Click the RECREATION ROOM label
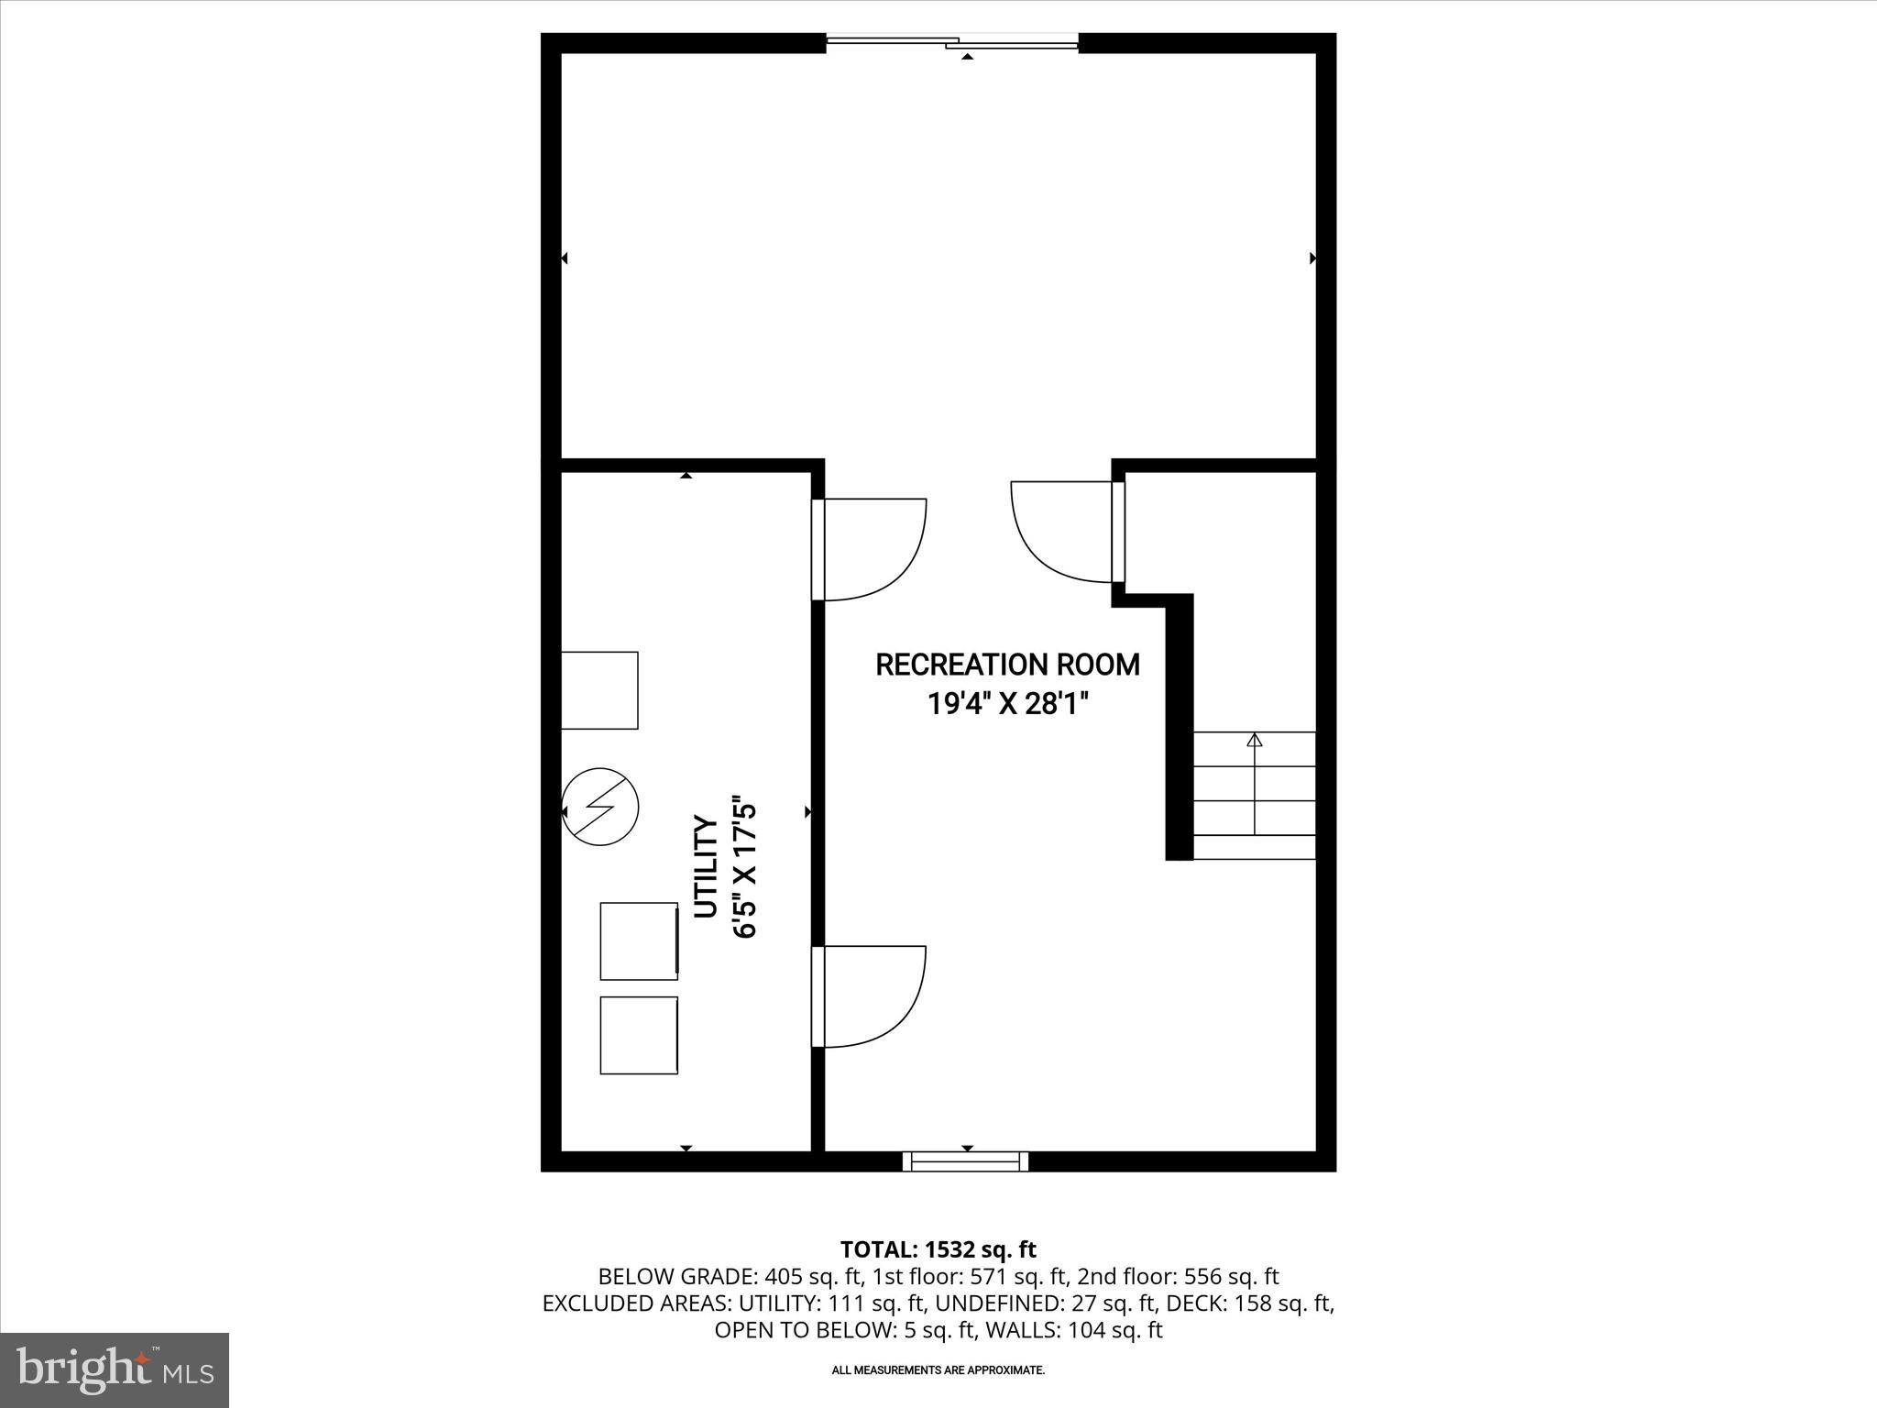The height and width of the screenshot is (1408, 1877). coord(1007,665)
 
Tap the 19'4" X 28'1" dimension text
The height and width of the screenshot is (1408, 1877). coord(1007,704)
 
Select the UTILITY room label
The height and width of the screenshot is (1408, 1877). coord(705,866)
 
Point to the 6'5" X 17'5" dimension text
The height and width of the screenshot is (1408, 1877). coord(744,870)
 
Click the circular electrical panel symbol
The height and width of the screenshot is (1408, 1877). coord(599,807)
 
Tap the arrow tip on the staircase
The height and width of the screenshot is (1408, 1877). coord(1255,740)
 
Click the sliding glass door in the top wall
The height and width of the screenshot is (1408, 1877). coord(952,41)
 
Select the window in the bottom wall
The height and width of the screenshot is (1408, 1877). coord(965,1161)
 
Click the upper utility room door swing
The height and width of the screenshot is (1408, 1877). coord(871,549)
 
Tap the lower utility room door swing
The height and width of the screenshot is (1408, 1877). coord(871,995)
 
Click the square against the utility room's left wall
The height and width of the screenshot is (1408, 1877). coord(599,690)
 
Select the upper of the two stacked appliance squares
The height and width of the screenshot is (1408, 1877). coord(639,940)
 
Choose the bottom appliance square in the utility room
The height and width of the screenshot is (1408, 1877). coord(639,1035)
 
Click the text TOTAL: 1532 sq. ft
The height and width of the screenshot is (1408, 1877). coord(938,1249)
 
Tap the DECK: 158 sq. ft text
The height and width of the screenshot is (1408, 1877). coord(1266,1303)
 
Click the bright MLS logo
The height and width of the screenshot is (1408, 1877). coord(115,1369)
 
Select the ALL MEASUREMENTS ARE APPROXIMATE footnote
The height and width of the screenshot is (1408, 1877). coord(938,1370)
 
